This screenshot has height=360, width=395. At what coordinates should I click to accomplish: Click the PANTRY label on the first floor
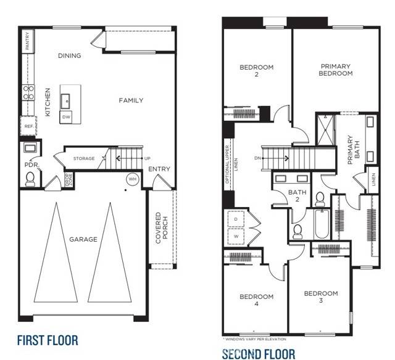pyautogui.click(x=27, y=41)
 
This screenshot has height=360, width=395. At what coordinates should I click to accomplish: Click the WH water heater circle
pyautogui.click(x=132, y=179)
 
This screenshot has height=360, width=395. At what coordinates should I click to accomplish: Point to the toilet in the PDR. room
pyautogui.click(x=29, y=178)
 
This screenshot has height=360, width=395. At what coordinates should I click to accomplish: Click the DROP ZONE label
pyautogui.click(x=68, y=179)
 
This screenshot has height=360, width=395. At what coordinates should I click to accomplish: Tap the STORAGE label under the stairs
pyautogui.click(x=84, y=158)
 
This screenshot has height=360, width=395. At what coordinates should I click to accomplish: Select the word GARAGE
pyautogui.click(x=82, y=239)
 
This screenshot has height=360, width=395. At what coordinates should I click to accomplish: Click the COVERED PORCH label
pyautogui.click(x=162, y=228)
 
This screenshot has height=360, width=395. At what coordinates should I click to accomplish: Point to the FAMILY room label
pyautogui.click(x=131, y=100)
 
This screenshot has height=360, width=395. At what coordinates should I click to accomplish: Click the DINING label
pyautogui.click(x=70, y=55)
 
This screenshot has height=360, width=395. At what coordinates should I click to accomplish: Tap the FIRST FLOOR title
pyautogui.click(x=48, y=340)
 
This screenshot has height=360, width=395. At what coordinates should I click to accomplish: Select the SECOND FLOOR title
pyautogui.click(x=259, y=354)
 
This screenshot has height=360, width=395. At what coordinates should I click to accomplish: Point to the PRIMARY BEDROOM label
pyautogui.click(x=336, y=70)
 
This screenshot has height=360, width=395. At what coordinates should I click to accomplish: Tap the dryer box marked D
pyautogui.click(x=236, y=219)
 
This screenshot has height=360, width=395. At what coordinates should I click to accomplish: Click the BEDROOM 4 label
pyautogui.click(x=256, y=300)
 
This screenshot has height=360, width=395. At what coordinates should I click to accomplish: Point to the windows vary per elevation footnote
pyautogui.click(x=254, y=339)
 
